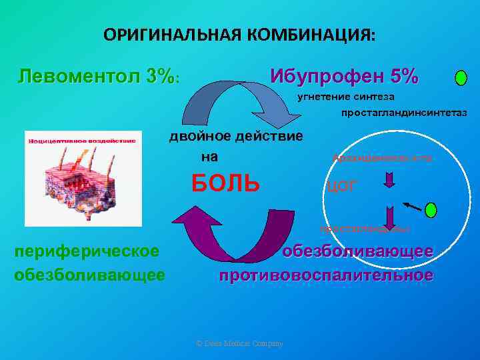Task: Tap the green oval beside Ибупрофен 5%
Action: (461, 77)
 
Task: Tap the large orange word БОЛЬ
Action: (225, 182)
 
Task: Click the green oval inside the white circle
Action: (431, 211)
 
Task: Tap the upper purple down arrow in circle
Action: (390, 180)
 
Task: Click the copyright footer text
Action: (239, 343)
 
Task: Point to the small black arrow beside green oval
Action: (413, 207)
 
